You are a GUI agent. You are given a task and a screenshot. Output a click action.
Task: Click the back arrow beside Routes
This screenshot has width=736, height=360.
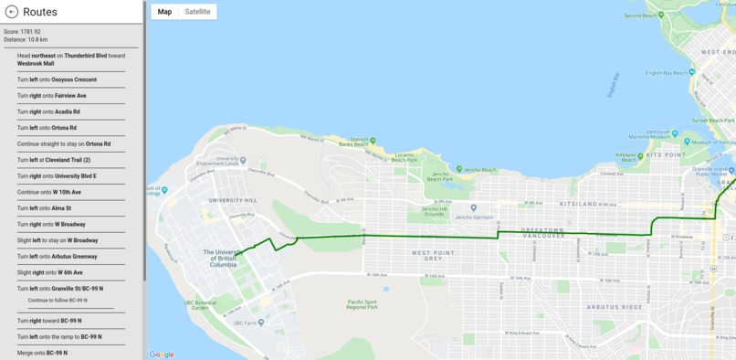pos(12,12)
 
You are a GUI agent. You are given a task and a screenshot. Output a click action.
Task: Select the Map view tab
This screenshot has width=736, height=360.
pos(164,12)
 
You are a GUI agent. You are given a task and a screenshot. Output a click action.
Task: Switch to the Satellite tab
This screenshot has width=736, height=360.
pos(197,12)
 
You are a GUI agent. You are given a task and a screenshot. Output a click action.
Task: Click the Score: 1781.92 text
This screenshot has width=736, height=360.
pos(22,32)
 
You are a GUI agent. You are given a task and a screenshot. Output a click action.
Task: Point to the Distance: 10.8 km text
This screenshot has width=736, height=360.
pos(26,39)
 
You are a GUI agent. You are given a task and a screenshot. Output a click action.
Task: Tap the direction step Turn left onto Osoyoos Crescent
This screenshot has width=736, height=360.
pos(57,79)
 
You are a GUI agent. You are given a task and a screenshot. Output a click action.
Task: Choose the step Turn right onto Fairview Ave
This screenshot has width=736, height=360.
pos(52,95)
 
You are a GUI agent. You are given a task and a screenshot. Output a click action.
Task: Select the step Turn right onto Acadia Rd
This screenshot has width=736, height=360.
pos(48,111)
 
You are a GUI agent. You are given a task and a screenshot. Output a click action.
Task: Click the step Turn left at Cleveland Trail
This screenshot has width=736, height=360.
pos(54,160)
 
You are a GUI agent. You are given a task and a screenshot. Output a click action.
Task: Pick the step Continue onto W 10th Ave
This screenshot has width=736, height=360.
pos(49,192)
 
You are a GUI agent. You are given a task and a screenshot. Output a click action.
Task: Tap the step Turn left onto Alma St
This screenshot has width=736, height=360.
pos(44,208)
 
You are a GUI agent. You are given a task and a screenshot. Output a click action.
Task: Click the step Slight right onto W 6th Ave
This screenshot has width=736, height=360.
pos(50,272)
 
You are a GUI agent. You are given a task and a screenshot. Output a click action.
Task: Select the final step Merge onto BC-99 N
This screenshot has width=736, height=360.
pos(42,353)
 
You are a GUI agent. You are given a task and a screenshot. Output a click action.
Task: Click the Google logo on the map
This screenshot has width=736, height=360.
pos(162,355)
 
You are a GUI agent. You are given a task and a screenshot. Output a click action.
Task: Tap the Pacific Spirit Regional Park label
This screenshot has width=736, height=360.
pos(363,303)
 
